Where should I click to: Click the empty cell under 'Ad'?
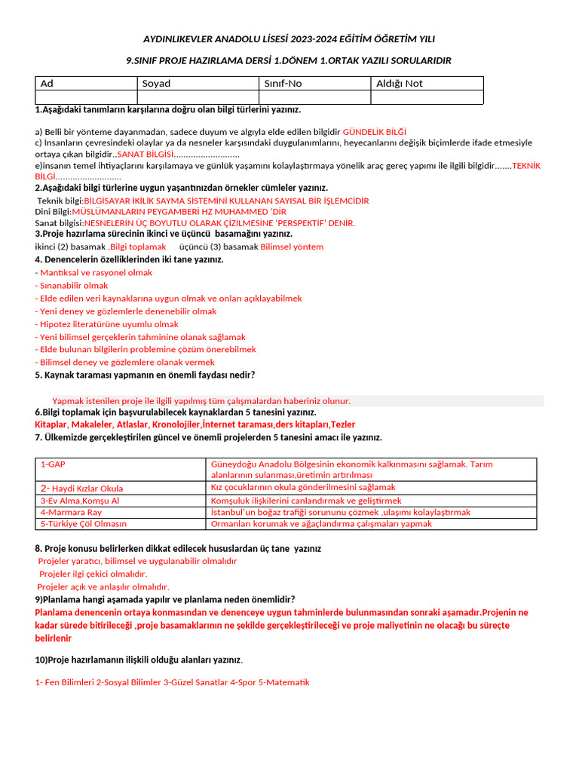(86, 97)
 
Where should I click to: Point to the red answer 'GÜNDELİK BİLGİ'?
(375, 131)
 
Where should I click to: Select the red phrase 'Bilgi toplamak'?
(138, 247)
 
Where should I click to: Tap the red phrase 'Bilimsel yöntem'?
(292, 247)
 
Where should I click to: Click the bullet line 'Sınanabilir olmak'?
(73, 286)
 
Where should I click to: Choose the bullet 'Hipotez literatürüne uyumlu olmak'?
(109, 324)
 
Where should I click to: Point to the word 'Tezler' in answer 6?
(343, 424)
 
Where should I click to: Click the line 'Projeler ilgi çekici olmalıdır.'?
(93, 574)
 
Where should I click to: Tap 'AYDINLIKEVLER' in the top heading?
(178, 39)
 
